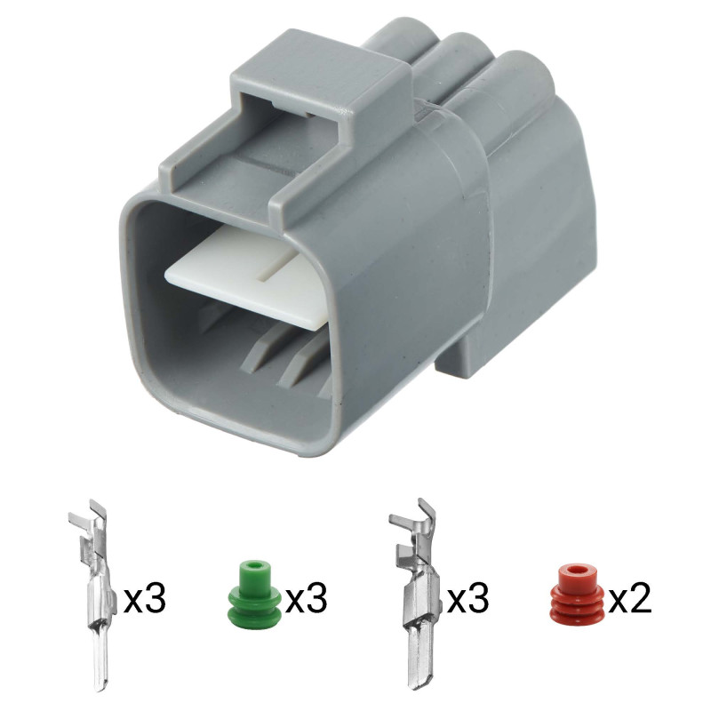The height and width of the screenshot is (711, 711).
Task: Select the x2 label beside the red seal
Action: tap(629, 598)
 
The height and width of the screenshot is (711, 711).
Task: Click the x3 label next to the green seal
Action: tap(305, 598)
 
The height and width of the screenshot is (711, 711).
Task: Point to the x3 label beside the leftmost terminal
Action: tap(145, 598)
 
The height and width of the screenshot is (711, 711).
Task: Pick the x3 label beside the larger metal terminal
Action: tap(468, 598)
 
